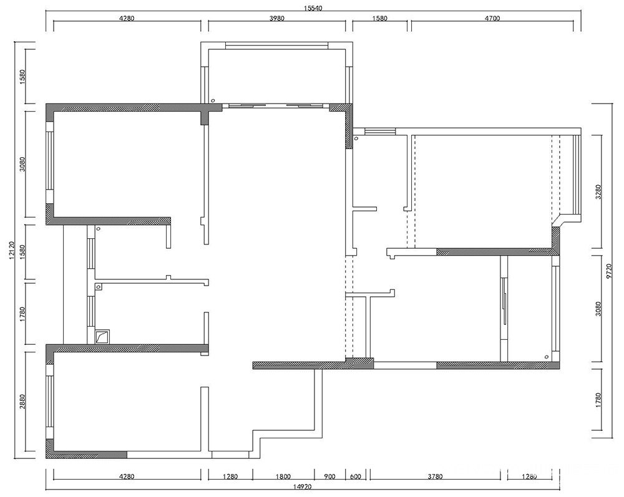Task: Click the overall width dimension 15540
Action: click(313, 8)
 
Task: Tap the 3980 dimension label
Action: click(277, 18)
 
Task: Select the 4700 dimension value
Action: click(492, 18)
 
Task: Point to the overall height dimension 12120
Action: click(11, 251)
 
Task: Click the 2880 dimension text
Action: click(22, 402)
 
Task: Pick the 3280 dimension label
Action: click(598, 191)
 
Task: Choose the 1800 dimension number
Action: click(283, 476)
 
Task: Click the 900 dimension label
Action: click(329, 476)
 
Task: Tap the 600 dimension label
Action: click(356, 476)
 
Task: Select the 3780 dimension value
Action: click(434, 476)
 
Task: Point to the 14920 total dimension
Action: click(303, 486)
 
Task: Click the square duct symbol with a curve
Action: click(102, 336)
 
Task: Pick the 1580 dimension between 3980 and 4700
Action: click(379, 18)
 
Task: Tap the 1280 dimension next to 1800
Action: click(230, 476)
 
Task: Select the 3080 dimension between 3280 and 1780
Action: click(598, 309)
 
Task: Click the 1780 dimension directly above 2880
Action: click(22, 314)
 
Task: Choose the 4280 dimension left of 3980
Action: click(127, 18)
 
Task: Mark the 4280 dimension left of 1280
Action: click(127, 476)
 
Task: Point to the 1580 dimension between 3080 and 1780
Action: click(22, 252)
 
